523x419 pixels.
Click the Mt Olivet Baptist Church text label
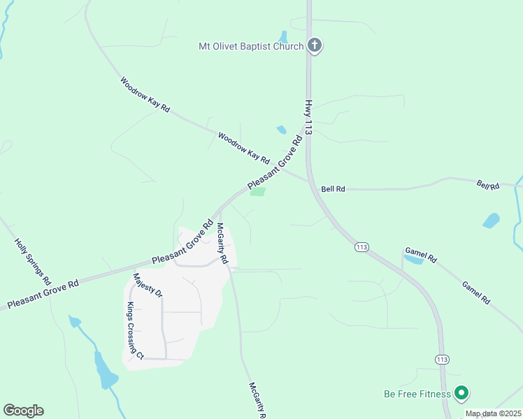click(250, 47)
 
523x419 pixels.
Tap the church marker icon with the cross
click(315, 46)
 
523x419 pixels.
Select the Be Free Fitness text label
click(417, 394)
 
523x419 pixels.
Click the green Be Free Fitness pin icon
click(461, 394)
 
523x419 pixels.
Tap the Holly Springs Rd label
click(33, 260)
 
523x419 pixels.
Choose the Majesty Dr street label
click(148, 286)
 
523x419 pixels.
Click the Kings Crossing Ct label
click(135, 331)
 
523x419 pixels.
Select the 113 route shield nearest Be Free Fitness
click(441, 360)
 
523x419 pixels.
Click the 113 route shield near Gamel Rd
click(361, 247)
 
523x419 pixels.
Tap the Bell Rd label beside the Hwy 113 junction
click(334, 189)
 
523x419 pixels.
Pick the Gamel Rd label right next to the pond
click(422, 255)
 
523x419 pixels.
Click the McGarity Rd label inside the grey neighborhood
click(222, 242)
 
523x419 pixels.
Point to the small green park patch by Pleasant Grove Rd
click(258, 192)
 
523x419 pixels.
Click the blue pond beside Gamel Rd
click(413, 260)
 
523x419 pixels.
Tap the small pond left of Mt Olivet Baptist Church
click(283, 36)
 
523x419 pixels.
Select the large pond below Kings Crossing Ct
click(106, 370)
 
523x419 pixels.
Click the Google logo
click(23, 411)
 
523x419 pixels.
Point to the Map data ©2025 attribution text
click(493, 414)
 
